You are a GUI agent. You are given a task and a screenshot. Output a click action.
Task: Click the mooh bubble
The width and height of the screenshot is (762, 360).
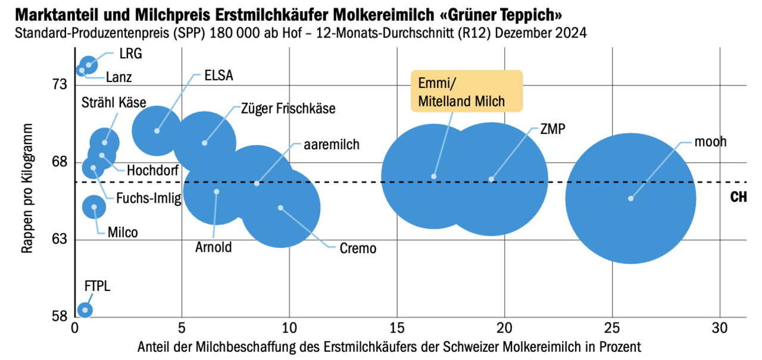630,198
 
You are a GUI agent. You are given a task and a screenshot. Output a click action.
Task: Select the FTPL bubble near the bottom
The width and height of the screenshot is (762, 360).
85,309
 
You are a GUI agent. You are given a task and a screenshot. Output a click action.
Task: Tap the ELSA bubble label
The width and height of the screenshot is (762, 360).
218,76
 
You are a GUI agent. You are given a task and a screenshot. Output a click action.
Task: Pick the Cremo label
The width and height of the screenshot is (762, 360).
358,249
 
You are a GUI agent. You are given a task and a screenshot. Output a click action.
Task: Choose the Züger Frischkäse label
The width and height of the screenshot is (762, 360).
288,109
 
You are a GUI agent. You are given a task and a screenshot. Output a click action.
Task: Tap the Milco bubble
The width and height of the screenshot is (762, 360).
94,206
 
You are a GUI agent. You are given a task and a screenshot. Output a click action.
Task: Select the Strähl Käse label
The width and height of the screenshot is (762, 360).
114,103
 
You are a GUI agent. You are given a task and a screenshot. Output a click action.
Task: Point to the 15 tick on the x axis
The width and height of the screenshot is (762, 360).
397,328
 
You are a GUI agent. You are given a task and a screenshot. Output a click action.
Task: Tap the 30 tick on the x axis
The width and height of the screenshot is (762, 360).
720,328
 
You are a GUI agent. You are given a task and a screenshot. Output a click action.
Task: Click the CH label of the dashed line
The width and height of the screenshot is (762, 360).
738,198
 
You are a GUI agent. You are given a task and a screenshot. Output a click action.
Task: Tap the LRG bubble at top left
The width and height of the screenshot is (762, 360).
89,65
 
